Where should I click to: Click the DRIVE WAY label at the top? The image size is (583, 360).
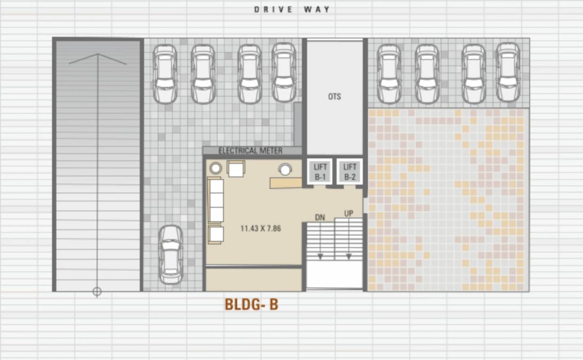[292, 9]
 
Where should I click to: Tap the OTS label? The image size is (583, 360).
[334, 97]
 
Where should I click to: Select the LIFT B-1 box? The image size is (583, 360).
[320, 172]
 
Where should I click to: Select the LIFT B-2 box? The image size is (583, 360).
[350, 172]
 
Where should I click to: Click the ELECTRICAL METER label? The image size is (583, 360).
[250, 150]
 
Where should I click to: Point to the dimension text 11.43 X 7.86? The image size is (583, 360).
[261, 229]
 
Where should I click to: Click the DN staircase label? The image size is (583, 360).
[320, 217]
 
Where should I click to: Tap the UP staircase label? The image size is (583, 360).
[348, 213]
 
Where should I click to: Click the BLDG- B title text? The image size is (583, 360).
[251, 304]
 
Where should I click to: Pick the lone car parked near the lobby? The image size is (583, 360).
[171, 255]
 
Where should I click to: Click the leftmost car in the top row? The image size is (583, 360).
[165, 74]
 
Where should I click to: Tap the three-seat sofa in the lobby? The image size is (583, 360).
[216, 200]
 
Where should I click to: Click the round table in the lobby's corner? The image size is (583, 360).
[215, 168]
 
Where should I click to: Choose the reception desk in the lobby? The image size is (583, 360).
[286, 182]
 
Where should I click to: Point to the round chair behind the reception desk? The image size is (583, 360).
[285, 169]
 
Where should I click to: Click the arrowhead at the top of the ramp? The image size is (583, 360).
[98, 55]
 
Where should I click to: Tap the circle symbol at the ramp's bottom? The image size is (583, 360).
[97, 292]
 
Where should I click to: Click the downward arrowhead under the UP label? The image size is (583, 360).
[349, 256]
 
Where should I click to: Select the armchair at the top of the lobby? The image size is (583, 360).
[236, 168]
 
